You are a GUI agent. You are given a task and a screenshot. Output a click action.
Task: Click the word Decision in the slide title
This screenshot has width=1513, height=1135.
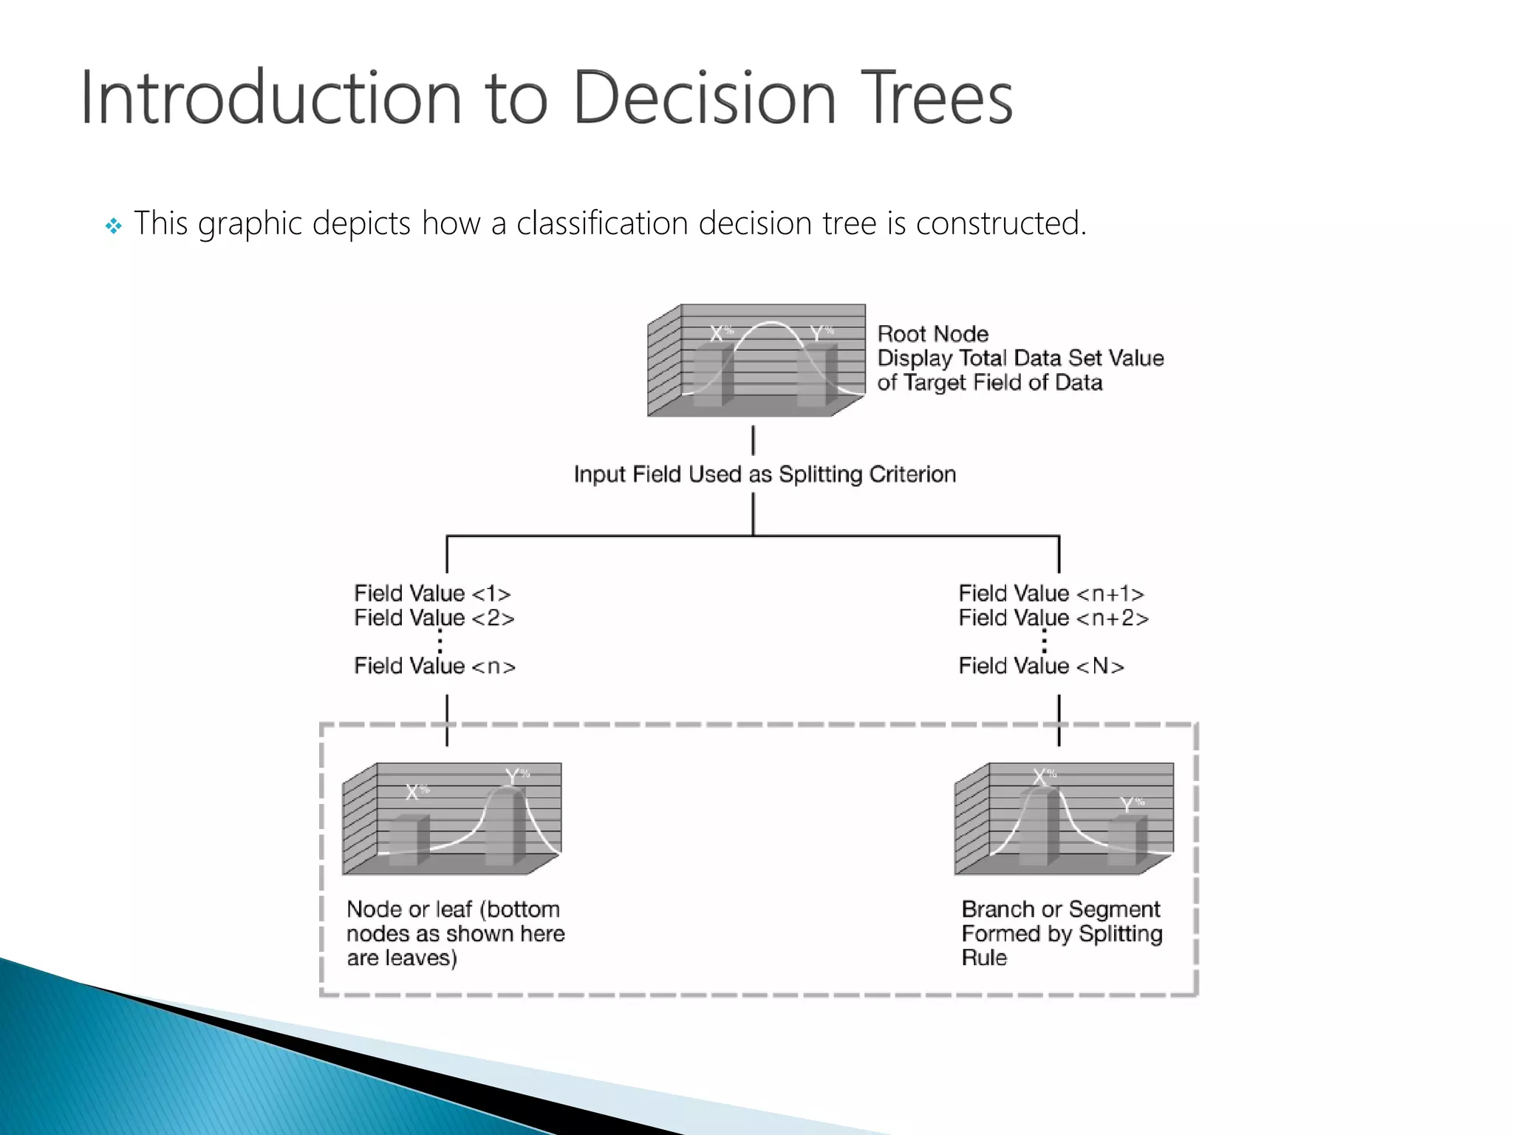tap(704, 98)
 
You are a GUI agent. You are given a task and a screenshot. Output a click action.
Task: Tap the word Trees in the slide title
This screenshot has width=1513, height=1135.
tap(939, 98)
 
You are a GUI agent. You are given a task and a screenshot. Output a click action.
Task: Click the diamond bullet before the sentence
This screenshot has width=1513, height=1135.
tap(113, 225)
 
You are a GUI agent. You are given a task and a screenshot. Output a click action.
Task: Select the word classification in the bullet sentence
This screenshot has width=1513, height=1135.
tap(601, 223)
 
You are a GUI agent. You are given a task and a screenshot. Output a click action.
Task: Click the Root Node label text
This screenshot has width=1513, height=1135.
tap(932, 334)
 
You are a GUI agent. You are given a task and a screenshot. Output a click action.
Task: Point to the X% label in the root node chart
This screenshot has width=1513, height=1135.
tap(720, 333)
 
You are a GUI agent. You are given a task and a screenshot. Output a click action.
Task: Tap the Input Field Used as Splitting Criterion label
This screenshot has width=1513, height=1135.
tap(765, 474)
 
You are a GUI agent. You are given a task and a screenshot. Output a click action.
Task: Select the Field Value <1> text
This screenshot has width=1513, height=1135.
tap(432, 593)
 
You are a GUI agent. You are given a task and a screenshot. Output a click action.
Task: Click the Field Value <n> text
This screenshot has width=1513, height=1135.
tap(434, 666)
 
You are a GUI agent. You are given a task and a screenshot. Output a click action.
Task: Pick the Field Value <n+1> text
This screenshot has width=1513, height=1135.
tap(1051, 593)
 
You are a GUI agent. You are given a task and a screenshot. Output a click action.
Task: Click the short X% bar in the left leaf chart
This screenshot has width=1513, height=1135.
tap(408, 840)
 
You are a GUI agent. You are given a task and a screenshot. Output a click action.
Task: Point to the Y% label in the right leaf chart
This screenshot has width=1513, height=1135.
tap(1131, 804)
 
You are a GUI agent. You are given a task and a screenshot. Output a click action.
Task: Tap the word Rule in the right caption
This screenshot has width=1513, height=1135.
tap(984, 958)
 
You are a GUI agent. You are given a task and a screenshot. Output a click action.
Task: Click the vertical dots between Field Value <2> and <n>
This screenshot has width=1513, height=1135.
tap(440, 641)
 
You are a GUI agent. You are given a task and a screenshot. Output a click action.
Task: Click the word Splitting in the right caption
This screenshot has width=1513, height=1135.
tap(1120, 934)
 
